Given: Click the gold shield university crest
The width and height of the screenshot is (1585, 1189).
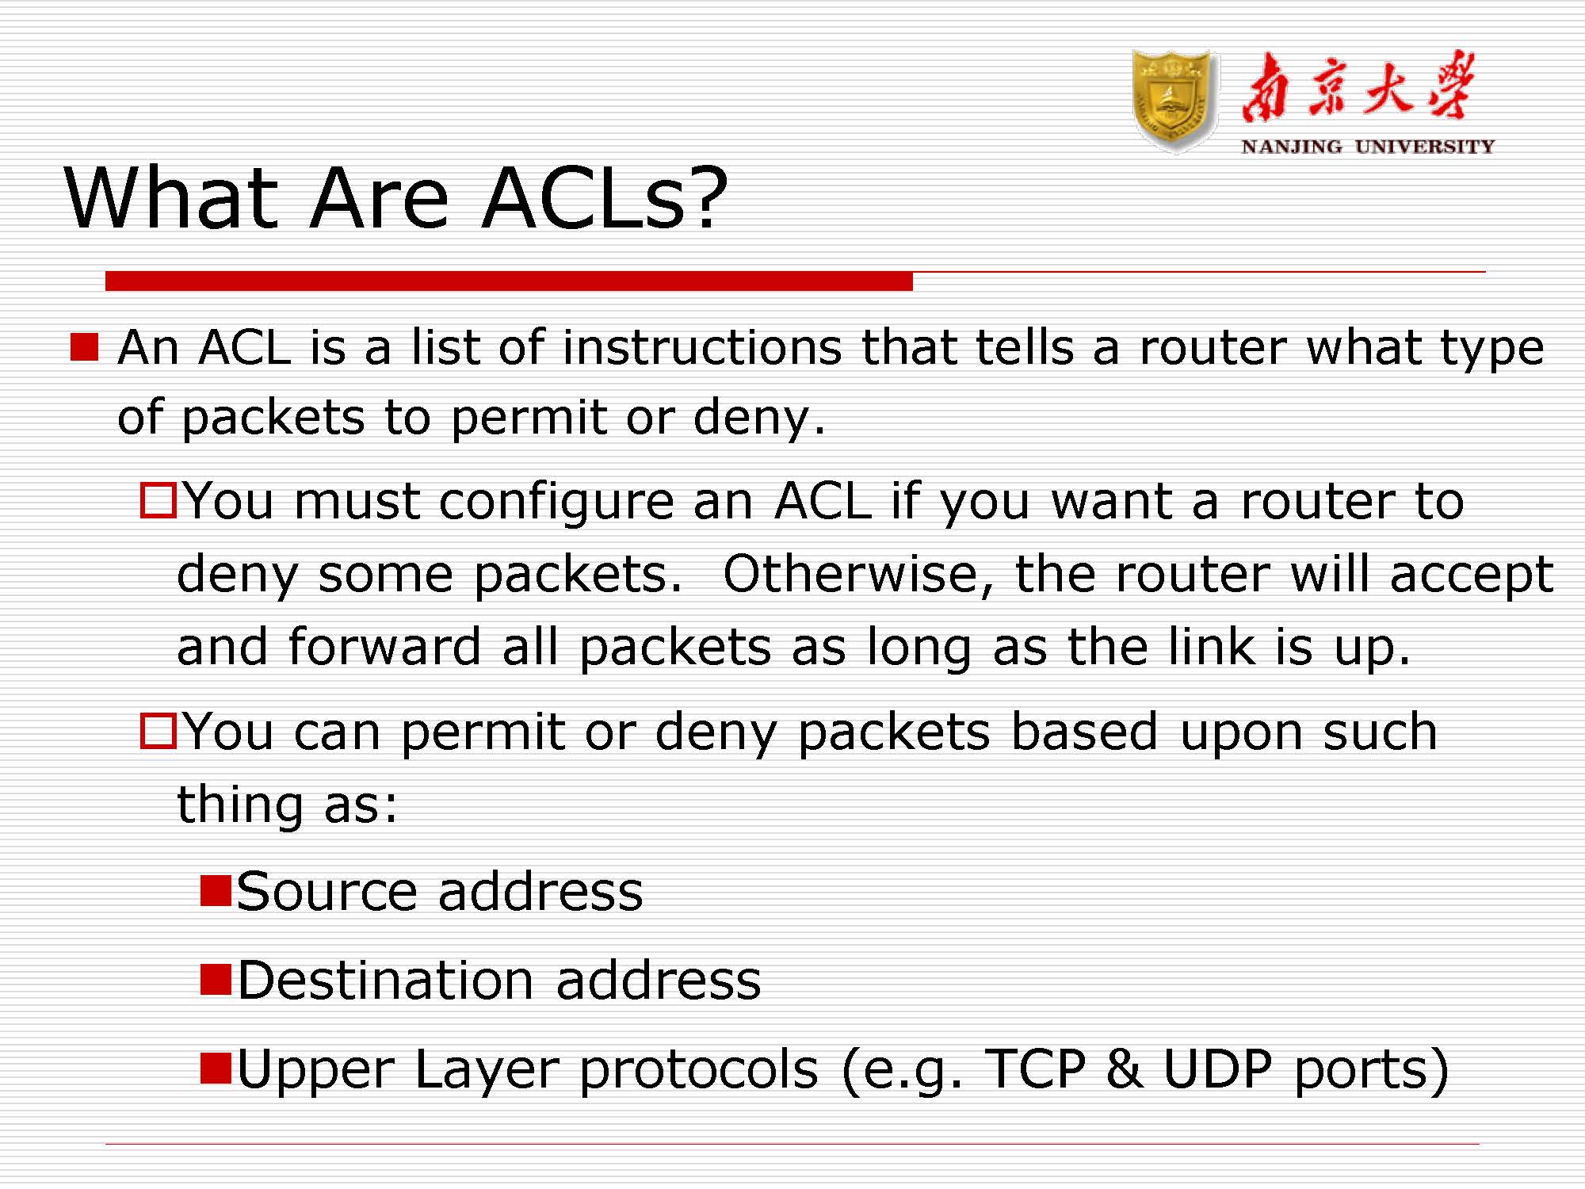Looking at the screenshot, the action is pos(1174,101).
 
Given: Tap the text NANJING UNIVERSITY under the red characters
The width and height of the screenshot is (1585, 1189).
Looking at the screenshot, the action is pos(1368,147).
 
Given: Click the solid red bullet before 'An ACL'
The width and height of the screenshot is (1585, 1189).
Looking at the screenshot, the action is pos(84,347).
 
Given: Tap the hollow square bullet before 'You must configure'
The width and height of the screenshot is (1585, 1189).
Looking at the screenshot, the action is pos(158,501).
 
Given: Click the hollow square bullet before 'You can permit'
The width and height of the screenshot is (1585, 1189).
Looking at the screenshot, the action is pos(158,731).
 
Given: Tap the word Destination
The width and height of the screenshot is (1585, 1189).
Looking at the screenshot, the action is pos(386,981).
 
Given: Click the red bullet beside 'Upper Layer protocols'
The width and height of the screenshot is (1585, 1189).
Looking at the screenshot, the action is pos(216,1068).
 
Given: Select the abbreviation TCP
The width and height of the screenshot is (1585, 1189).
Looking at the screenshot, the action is pos(1034,1069).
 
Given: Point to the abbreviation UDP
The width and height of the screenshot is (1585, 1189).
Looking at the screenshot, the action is pos(1217,1069).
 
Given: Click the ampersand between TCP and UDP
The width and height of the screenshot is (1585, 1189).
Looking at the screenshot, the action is pos(1124,1069).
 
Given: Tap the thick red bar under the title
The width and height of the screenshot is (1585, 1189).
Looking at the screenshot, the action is pos(509,281).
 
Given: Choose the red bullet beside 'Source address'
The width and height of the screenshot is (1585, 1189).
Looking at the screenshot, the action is pos(216,890).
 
